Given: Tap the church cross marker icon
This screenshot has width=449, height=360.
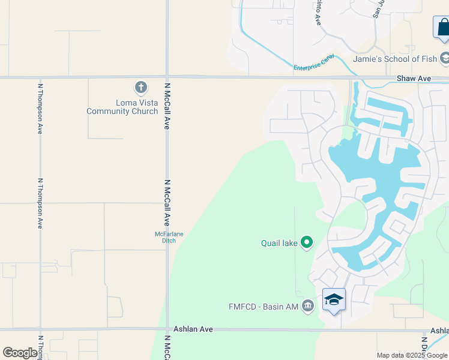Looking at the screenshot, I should click(141, 88).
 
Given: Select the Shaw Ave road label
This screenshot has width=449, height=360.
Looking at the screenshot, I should click(414, 79).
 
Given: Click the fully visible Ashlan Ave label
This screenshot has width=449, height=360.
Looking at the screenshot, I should click(193, 329).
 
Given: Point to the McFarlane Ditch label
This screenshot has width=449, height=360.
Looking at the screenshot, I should click(165, 237).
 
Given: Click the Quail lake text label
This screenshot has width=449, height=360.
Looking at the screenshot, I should click(279, 243).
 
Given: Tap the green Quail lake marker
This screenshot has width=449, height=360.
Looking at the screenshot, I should click(307, 242).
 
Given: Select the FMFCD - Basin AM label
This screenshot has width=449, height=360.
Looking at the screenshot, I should click(264, 306).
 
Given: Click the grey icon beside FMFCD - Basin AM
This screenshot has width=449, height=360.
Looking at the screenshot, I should click(308, 306).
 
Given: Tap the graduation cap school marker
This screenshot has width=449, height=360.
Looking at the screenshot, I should click(334, 299).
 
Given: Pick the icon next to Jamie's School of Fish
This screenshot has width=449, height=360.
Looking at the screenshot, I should click(445, 58).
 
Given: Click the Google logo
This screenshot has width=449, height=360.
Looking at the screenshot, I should click(20, 353).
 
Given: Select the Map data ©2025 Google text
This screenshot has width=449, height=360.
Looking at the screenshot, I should click(412, 355).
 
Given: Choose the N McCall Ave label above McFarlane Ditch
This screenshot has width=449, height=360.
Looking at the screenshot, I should click(167, 202).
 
